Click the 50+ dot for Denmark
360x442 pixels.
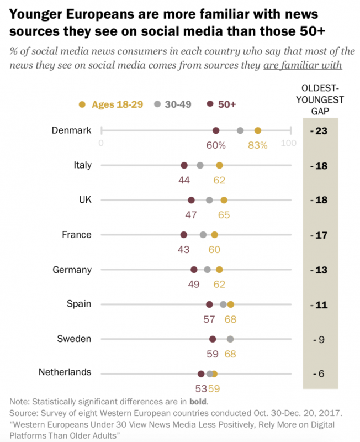(216, 130)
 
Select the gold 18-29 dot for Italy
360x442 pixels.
(219, 165)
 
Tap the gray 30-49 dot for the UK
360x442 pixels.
(209, 200)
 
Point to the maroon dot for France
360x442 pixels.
(184, 235)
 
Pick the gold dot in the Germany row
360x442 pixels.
(219, 270)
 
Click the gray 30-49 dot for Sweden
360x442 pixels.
(230, 339)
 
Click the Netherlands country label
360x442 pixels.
(65, 372)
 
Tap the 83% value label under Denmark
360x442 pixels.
(257, 145)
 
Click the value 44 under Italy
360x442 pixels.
(184, 180)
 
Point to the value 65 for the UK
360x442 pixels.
(224, 215)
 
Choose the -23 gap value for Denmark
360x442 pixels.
(319, 131)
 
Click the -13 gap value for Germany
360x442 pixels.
(319, 270)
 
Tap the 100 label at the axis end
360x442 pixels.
(289, 143)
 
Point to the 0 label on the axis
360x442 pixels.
(101, 143)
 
